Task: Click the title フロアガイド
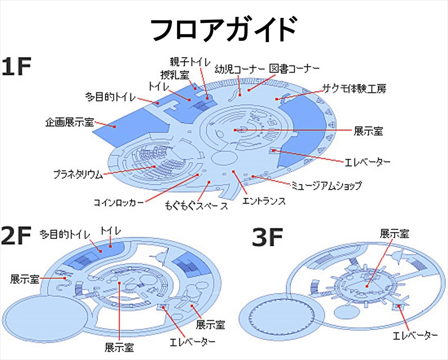[223, 29]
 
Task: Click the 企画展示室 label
[69, 121]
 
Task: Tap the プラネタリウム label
[78, 174]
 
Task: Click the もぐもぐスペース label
[197, 206]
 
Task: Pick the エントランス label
[263, 200]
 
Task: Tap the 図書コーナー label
[294, 69]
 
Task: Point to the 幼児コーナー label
[239, 70]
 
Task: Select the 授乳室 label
[174, 74]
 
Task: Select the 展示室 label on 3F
[394, 233]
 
